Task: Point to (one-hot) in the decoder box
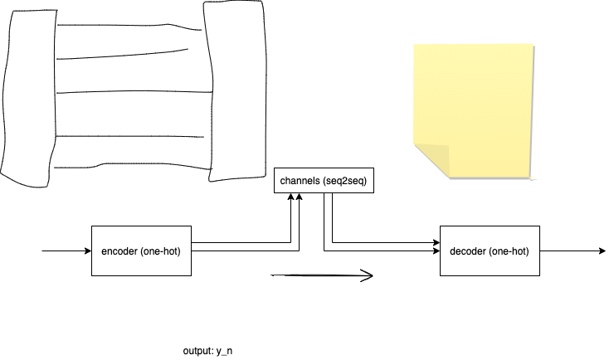click(x=509, y=251)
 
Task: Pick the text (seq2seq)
click(x=344, y=180)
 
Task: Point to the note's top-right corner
click(x=533, y=44)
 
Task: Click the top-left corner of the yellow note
click(x=414, y=45)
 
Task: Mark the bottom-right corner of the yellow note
click(x=529, y=177)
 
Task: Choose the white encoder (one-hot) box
click(x=141, y=251)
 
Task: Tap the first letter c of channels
click(x=283, y=181)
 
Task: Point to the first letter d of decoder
click(x=452, y=251)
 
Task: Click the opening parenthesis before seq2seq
click(x=324, y=180)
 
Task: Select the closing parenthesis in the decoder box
click(x=527, y=251)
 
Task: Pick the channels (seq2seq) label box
click(x=324, y=180)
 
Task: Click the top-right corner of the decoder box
click(x=538, y=226)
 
